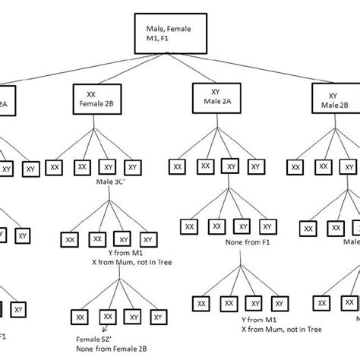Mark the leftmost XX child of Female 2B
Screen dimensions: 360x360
(x=54, y=166)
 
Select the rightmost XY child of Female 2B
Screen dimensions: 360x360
(x=132, y=166)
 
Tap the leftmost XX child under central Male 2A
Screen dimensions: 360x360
(x=176, y=166)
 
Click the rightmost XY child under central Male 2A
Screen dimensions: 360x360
(x=254, y=166)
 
